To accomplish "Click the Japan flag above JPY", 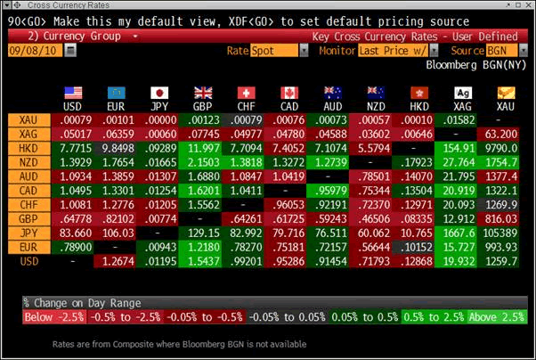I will point(159,93).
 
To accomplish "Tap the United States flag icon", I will point(73,93).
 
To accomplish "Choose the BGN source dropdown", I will point(502,52).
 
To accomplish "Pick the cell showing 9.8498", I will point(116,146).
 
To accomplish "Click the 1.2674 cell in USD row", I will point(116,259).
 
